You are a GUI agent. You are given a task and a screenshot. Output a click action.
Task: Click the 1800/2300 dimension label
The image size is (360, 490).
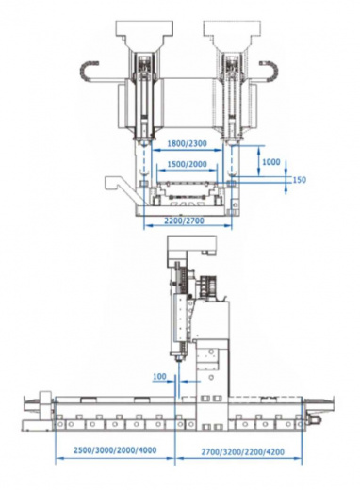187,143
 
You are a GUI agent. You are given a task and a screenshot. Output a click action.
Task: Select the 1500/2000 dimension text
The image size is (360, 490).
187,164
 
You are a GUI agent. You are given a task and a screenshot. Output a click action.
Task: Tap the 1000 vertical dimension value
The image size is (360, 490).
270,162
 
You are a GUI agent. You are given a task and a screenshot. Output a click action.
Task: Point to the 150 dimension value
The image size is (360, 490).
299,180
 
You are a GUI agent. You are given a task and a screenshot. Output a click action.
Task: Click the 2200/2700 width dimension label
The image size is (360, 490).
184,220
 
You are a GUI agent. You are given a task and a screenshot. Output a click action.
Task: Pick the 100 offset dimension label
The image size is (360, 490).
159,376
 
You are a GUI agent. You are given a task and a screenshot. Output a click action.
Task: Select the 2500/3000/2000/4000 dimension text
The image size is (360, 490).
115,449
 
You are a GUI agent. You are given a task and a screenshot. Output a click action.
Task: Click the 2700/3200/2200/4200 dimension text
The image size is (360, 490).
243,451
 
